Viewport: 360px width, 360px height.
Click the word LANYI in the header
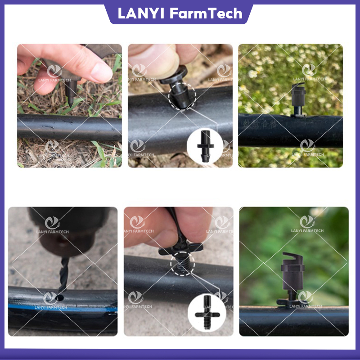point(141,13)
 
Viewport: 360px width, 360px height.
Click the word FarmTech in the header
point(206,13)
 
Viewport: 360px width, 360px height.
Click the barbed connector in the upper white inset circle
point(205,146)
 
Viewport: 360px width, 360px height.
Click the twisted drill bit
point(63,275)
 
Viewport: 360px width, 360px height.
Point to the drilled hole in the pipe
point(60,298)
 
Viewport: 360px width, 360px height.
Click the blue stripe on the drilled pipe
point(63,308)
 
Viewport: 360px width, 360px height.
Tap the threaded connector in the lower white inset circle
point(207,312)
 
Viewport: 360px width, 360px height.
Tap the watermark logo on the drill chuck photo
point(52,223)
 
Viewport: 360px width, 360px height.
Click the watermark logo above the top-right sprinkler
point(309,70)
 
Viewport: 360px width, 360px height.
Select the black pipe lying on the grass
point(69,128)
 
